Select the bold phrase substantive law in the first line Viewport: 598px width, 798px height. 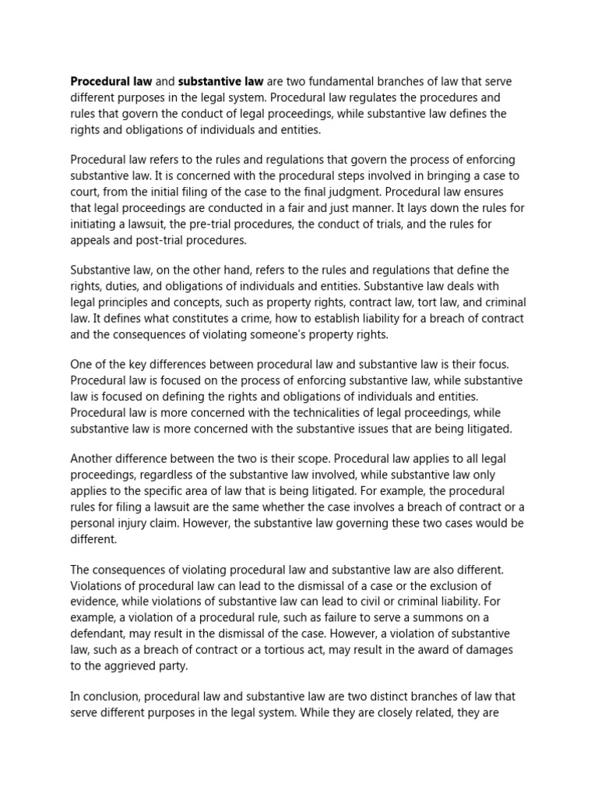222,82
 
